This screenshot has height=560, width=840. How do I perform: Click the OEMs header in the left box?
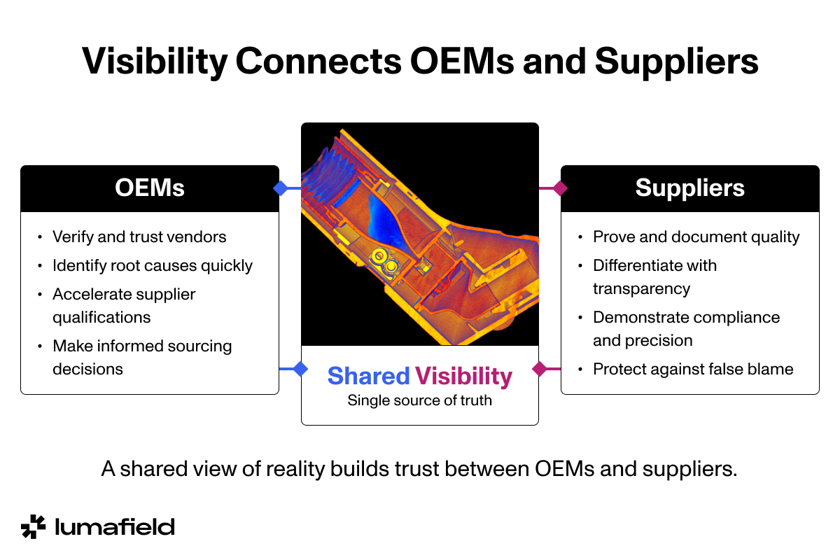tap(150, 188)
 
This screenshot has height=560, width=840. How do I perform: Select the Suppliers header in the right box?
tap(689, 188)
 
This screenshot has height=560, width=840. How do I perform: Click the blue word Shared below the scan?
tap(368, 377)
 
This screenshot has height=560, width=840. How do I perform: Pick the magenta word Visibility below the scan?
tap(463, 377)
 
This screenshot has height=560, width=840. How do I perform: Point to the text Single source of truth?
tap(419, 401)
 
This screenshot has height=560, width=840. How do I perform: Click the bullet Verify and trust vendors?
tap(139, 237)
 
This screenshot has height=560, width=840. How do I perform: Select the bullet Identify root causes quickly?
tap(153, 265)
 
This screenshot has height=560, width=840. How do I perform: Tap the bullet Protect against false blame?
tap(693, 369)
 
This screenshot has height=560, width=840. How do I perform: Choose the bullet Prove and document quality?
tap(696, 237)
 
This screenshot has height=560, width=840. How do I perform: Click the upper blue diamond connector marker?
tap(281, 188)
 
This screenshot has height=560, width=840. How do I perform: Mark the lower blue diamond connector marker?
tap(300, 369)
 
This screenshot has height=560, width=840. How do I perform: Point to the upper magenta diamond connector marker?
tap(559, 188)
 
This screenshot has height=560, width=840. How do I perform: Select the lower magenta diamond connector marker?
tap(540, 369)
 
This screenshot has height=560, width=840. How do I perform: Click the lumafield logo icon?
tap(33, 526)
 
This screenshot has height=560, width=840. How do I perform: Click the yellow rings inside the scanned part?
tap(384, 259)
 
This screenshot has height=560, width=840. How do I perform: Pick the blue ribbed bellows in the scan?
tap(333, 178)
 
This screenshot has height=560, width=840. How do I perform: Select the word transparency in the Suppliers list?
tap(641, 288)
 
